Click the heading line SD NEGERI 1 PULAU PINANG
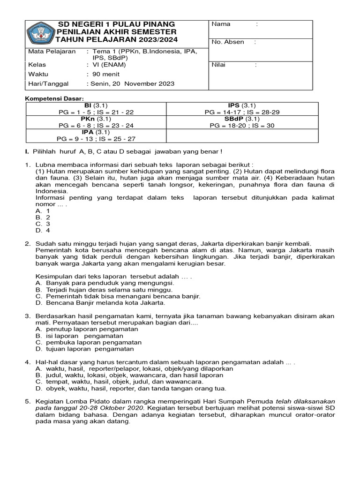coord(116,24)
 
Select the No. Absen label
coord(228,42)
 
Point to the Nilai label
coord(218,65)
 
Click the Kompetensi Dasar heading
coord(54,98)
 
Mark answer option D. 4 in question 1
coord(43,230)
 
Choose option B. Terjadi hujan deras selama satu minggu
coord(104,290)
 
